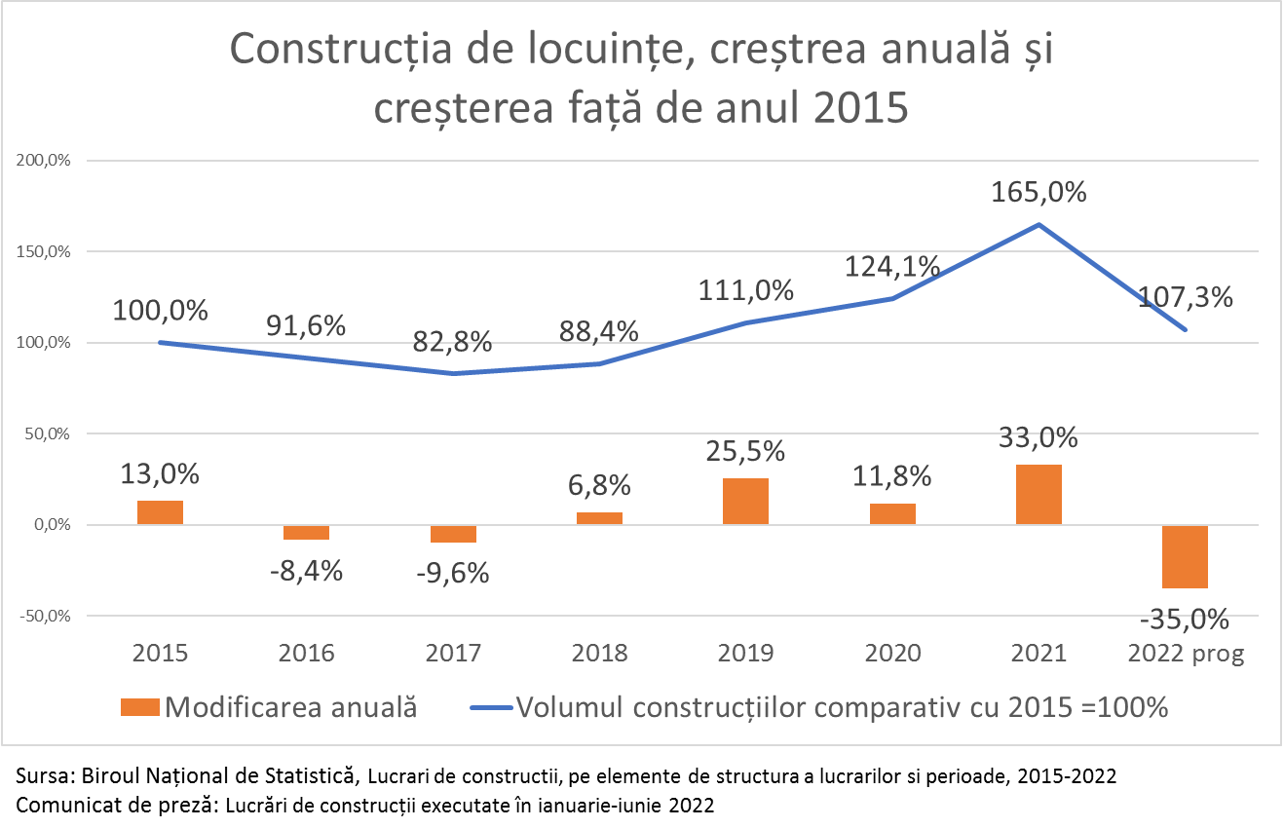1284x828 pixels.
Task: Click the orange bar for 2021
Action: [1039, 495]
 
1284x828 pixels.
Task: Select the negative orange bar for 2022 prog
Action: [1185, 556]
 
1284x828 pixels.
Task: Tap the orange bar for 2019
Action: [745, 502]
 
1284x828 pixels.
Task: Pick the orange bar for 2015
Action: [160, 512]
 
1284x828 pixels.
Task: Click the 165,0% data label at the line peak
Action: [1039, 192]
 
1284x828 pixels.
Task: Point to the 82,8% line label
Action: [453, 343]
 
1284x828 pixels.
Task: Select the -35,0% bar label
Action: [1185, 620]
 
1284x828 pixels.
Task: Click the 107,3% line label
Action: [1185, 297]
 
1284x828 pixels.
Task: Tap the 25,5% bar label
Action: [745, 453]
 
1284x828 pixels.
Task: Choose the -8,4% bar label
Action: [306, 570]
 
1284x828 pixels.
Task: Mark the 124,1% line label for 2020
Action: [892, 265]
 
